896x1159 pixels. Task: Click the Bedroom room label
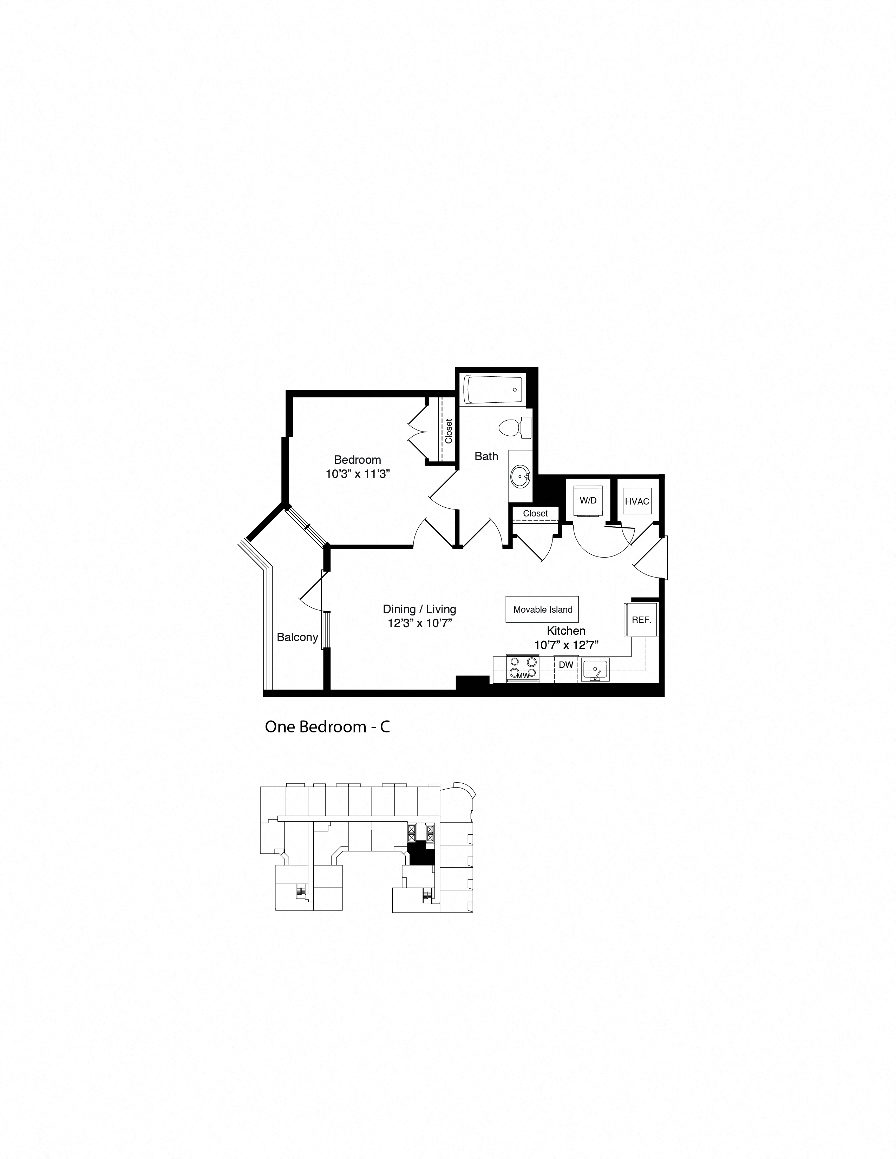(x=357, y=460)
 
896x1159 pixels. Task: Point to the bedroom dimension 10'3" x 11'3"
(x=358, y=474)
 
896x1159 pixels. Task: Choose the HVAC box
(x=637, y=501)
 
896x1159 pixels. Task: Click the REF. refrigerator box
(x=641, y=619)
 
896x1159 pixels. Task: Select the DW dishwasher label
(x=566, y=664)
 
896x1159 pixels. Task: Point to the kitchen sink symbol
(x=595, y=670)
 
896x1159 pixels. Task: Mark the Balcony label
(x=297, y=637)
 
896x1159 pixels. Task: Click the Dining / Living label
(x=419, y=609)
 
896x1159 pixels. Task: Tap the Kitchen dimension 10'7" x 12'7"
(x=567, y=645)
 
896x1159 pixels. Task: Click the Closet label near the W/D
(x=535, y=514)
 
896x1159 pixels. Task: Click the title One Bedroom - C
(x=327, y=726)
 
